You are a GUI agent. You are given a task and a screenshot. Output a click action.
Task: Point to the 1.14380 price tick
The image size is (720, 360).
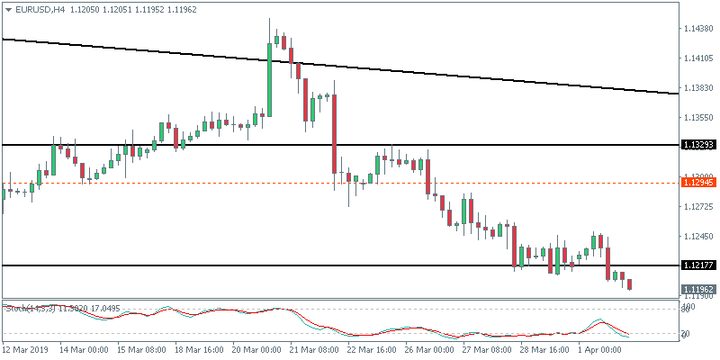coord(697,29)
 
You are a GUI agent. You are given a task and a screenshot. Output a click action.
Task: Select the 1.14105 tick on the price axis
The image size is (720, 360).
coord(697,58)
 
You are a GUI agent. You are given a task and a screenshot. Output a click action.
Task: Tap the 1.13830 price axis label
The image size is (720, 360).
coord(697,88)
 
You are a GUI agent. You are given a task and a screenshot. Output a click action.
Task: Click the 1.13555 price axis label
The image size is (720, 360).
coord(697,118)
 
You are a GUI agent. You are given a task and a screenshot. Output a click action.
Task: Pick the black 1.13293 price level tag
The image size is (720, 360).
coord(698,145)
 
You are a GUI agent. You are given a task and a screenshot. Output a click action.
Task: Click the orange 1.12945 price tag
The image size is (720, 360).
coord(698,183)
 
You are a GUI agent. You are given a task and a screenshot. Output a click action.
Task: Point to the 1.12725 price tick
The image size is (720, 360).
coord(697,207)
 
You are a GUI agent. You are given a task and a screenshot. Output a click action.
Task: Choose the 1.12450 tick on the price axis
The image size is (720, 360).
coord(697,237)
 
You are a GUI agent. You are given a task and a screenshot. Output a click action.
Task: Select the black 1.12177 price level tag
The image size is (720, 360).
coord(698,265)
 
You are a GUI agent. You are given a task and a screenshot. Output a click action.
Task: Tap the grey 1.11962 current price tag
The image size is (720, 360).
coord(698,289)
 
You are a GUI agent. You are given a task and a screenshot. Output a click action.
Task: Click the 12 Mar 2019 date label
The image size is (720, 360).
coord(24,348)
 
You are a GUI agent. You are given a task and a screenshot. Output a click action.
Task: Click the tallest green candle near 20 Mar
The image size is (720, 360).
coord(270,76)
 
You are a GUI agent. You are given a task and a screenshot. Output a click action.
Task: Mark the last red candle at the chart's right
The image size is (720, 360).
coord(629,284)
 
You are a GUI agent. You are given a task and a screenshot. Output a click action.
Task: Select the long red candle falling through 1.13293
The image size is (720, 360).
coord(334,133)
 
